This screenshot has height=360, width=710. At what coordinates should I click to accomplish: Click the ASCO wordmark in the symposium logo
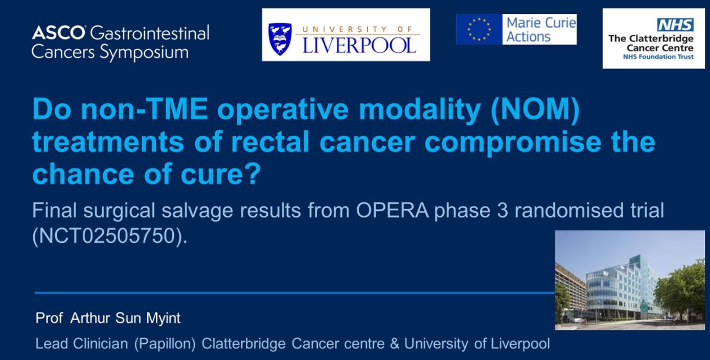(x=59, y=32)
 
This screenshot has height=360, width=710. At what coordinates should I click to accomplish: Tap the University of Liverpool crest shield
(x=280, y=39)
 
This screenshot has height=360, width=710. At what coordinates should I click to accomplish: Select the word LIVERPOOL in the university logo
(x=359, y=46)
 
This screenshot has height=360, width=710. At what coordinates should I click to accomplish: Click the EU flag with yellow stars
(x=479, y=29)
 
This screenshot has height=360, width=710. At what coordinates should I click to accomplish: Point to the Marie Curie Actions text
(x=541, y=30)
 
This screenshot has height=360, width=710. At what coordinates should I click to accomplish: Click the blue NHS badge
(x=675, y=25)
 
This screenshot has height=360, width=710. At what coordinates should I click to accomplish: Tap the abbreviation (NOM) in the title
(x=535, y=109)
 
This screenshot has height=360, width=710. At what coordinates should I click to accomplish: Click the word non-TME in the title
(x=144, y=109)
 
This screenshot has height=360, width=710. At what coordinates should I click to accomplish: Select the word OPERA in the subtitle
(x=392, y=210)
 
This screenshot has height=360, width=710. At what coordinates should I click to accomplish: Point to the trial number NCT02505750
(x=107, y=236)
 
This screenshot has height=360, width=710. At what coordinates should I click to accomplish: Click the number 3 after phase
(x=502, y=211)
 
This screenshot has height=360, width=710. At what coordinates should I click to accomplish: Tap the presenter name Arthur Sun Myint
(x=125, y=318)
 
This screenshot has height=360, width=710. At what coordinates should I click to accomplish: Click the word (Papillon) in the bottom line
(x=165, y=344)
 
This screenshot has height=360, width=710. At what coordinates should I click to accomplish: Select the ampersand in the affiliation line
(x=395, y=344)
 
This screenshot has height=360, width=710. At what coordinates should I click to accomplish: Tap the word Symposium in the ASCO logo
(x=144, y=52)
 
